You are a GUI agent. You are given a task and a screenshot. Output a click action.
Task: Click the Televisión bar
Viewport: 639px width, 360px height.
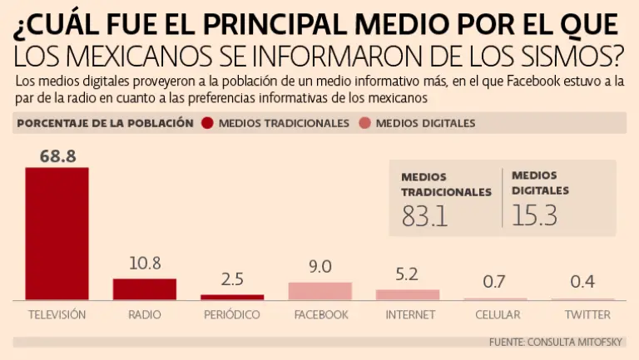click(x=57, y=233)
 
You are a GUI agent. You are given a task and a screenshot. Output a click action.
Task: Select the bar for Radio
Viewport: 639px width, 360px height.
click(x=145, y=288)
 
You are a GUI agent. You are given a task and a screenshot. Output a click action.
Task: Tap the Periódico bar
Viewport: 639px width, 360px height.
click(x=232, y=296)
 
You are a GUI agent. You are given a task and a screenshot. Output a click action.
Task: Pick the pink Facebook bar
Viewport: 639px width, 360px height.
click(x=320, y=290)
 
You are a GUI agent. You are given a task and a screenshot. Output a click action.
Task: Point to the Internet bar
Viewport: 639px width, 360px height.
click(x=408, y=293)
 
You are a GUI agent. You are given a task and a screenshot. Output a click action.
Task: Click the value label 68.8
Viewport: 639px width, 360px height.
click(x=57, y=155)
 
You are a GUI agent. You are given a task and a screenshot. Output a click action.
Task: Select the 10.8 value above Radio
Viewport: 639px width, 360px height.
click(x=145, y=264)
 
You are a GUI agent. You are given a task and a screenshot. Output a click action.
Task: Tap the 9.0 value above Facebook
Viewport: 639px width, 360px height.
click(x=320, y=267)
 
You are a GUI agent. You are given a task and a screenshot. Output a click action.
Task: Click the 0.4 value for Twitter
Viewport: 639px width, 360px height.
click(x=582, y=282)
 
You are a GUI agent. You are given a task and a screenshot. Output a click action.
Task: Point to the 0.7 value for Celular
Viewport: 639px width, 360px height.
click(x=494, y=282)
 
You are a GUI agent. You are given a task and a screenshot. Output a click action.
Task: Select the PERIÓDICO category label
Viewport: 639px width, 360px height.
click(x=232, y=315)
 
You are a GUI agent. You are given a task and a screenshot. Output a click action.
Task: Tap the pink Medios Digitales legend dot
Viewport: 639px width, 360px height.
click(x=364, y=123)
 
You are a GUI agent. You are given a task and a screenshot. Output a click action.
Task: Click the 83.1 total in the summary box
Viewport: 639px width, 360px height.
click(x=424, y=215)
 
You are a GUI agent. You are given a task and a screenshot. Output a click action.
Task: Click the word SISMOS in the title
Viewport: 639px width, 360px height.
click(x=573, y=56)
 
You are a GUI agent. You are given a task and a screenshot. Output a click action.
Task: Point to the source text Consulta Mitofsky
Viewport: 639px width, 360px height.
click(x=563, y=342)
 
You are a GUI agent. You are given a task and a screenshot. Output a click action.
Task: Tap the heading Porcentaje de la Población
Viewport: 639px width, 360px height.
click(x=104, y=123)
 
